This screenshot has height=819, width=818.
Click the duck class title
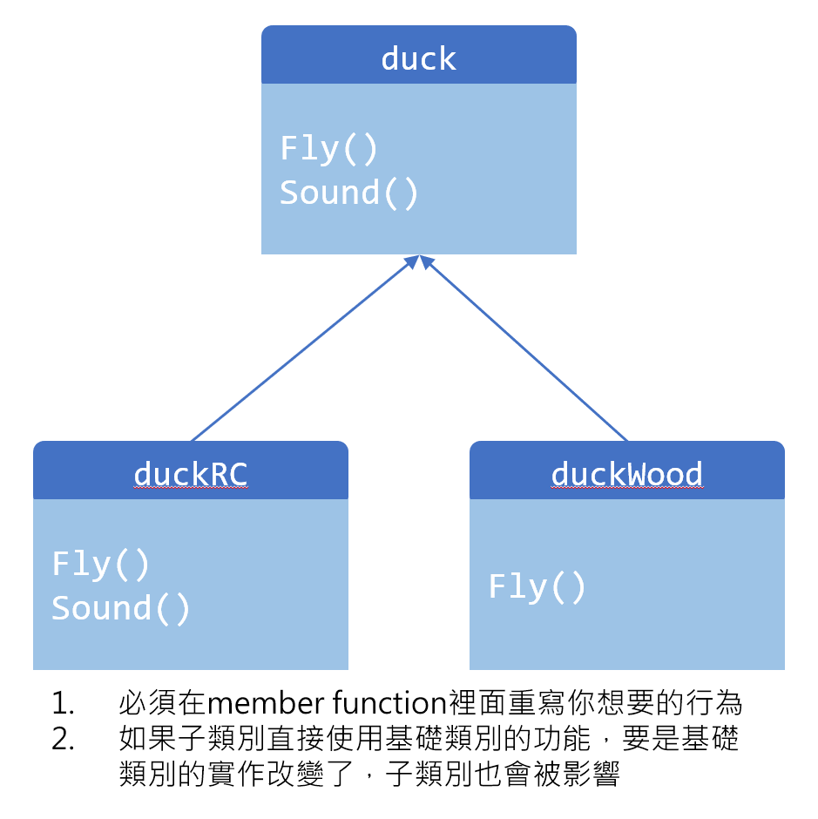418,58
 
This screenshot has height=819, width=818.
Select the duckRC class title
191,474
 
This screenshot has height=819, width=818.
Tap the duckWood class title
626,474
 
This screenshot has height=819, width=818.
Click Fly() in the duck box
328,149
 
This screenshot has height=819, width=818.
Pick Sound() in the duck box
348,193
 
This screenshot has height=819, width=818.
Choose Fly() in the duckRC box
101,565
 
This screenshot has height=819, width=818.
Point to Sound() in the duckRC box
120,608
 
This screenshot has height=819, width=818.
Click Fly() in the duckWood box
537,587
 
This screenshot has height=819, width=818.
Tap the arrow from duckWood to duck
525,349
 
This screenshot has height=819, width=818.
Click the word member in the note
254,702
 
